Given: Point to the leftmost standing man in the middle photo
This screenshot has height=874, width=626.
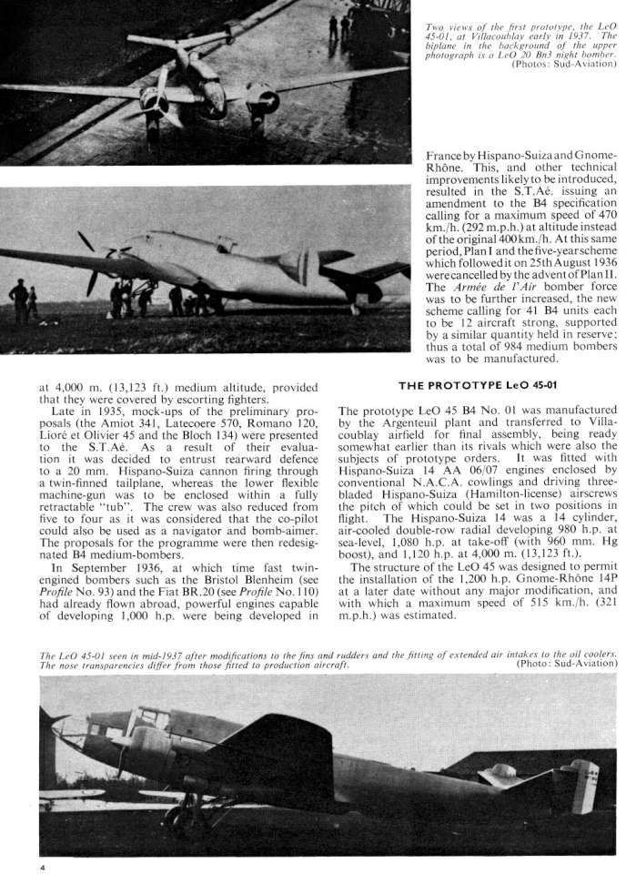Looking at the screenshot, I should [x=17, y=300].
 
